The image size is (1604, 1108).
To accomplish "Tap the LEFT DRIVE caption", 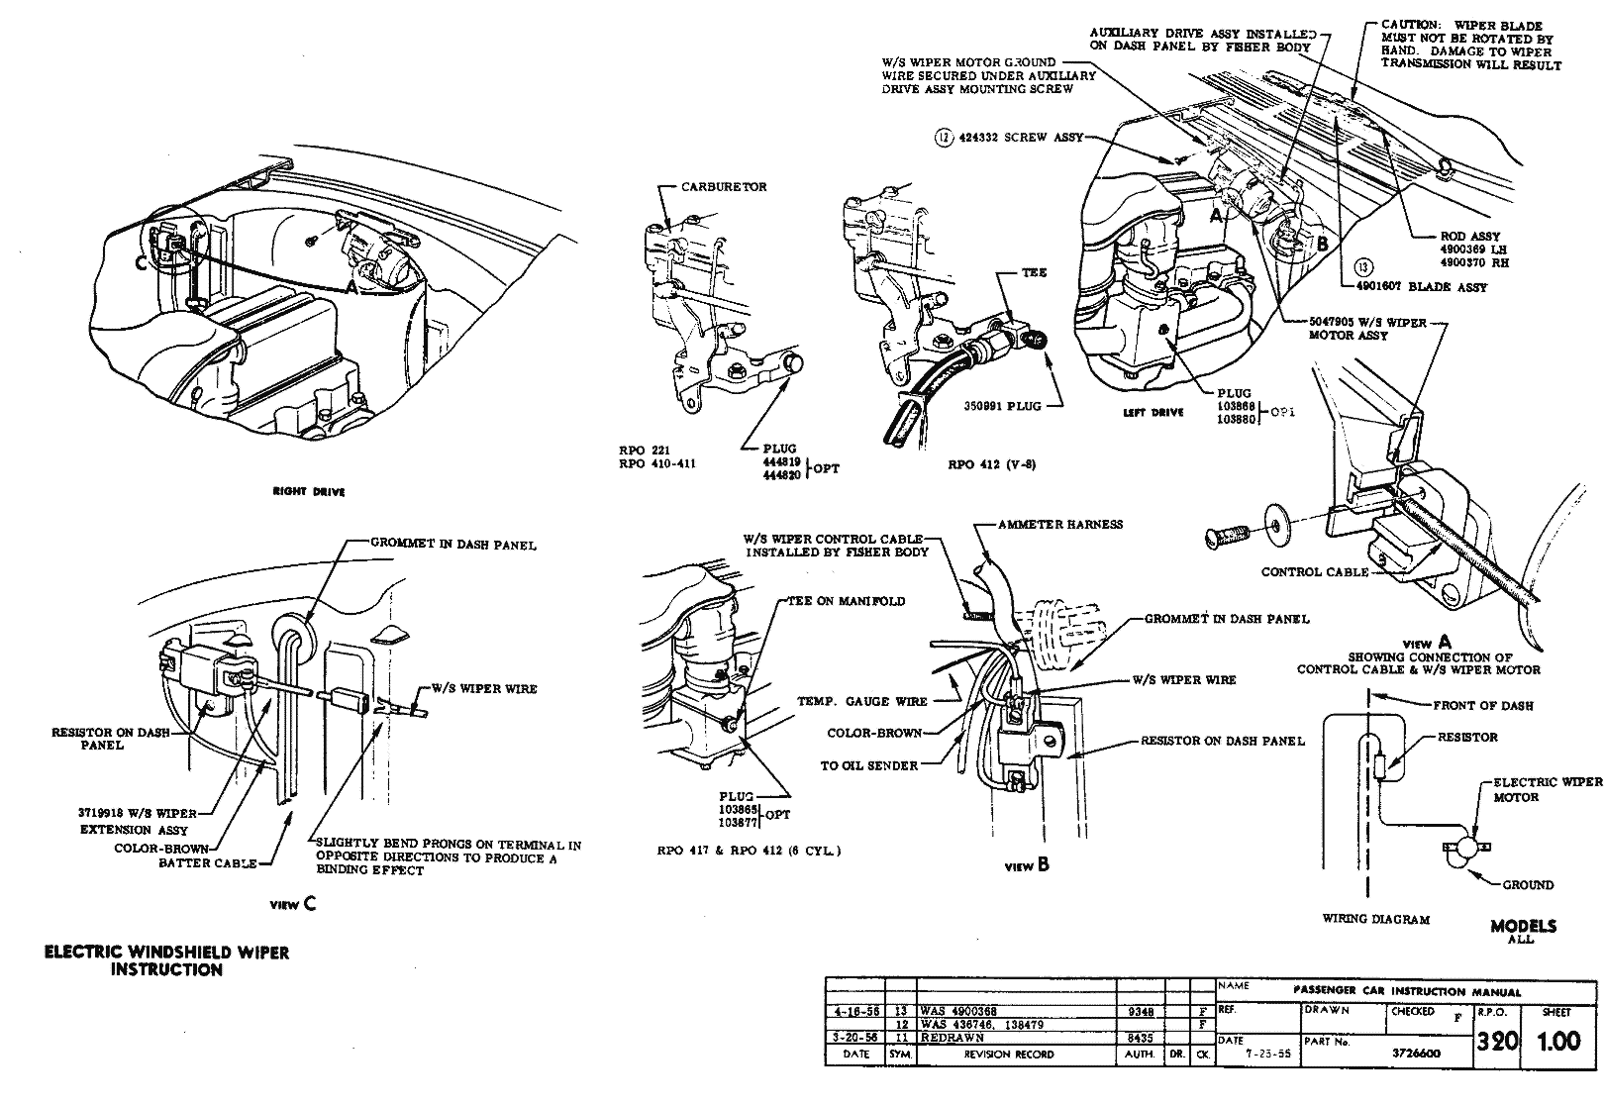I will (1153, 412).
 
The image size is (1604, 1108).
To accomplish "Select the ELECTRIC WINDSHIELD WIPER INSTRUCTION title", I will (167, 960).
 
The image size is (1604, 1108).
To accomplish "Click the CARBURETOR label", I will (723, 187).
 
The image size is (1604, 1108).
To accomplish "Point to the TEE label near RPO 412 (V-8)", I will (1036, 272).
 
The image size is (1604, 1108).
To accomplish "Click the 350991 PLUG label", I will (1002, 406).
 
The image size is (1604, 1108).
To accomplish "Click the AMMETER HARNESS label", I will (1060, 524).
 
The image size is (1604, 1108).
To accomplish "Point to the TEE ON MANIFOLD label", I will (847, 601).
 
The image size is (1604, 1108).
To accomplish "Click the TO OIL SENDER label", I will (868, 765).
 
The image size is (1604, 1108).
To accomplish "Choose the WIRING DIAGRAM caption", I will (1375, 919).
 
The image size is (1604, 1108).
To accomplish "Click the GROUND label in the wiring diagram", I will (1528, 885).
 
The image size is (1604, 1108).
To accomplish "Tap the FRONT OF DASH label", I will (1482, 705).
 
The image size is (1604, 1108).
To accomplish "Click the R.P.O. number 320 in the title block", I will (1496, 1042).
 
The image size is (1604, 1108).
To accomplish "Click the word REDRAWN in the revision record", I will (952, 1039).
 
